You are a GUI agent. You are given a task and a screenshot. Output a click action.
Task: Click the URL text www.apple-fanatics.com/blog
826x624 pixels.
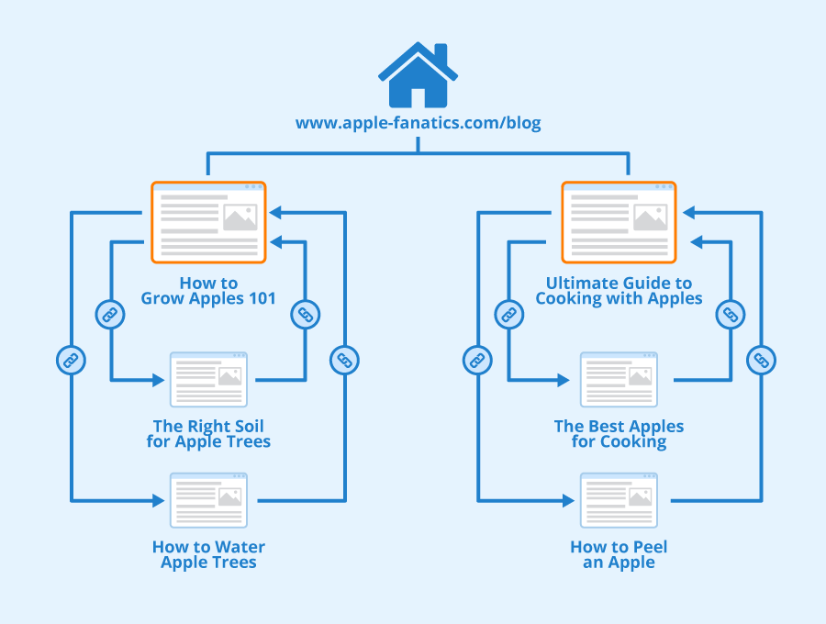pos(418,123)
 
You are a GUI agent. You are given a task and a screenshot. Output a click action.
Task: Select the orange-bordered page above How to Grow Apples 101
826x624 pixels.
pos(208,221)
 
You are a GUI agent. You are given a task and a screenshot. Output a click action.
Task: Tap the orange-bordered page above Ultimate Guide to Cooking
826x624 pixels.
pos(619,221)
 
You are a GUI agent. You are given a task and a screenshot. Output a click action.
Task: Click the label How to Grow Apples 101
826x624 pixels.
pos(208,291)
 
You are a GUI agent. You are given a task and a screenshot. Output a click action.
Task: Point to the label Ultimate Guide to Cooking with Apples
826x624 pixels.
pos(619,291)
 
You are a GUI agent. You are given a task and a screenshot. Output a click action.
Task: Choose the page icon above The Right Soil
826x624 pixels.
pos(208,380)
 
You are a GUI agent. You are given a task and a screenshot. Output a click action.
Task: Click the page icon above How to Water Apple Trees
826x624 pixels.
pos(208,500)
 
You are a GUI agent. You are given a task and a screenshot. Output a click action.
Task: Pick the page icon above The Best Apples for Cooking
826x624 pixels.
pos(619,380)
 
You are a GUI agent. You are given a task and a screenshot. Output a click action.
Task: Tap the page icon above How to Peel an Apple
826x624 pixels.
pos(619,500)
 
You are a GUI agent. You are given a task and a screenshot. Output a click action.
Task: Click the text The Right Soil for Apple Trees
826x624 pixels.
pos(208,434)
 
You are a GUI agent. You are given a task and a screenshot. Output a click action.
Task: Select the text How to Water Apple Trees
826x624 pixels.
pos(208,554)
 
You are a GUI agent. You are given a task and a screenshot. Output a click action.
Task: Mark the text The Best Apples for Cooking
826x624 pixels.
pos(619,434)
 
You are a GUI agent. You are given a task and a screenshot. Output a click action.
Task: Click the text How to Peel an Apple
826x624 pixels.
pos(619,554)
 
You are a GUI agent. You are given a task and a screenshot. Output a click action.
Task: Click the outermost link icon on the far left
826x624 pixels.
pos(70,360)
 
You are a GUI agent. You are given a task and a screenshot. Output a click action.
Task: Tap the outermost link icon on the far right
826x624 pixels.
pos(760,360)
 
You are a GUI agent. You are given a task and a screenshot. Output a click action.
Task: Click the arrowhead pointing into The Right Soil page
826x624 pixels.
pos(159,379)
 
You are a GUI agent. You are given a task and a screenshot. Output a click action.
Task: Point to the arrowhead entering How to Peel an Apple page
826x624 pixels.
pos(569,500)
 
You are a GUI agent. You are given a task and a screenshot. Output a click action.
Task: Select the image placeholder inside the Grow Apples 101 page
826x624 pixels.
pos(240,217)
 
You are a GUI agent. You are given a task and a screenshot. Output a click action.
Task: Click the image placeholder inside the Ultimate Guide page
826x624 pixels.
pos(650,217)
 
